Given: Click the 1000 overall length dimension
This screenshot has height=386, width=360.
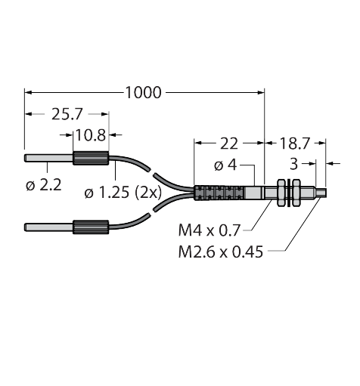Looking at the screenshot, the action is click(x=143, y=92).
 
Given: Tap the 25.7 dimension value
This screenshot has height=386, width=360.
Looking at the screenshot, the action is click(x=67, y=114).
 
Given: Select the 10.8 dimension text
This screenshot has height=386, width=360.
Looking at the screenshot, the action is click(x=91, y=135).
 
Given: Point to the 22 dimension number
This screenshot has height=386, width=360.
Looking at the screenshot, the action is click(x=229, y=144).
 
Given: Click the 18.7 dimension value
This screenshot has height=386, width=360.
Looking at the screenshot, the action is click(x=294, y=144).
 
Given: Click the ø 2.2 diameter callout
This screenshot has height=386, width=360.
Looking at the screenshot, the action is click(x=44, y=186).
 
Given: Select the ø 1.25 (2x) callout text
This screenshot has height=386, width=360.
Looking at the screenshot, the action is click(x=123, y=193).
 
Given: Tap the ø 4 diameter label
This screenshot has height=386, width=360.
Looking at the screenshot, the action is click(x=225, y=165).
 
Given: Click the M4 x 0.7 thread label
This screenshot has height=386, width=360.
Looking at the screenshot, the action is click(x=209, y=230).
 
